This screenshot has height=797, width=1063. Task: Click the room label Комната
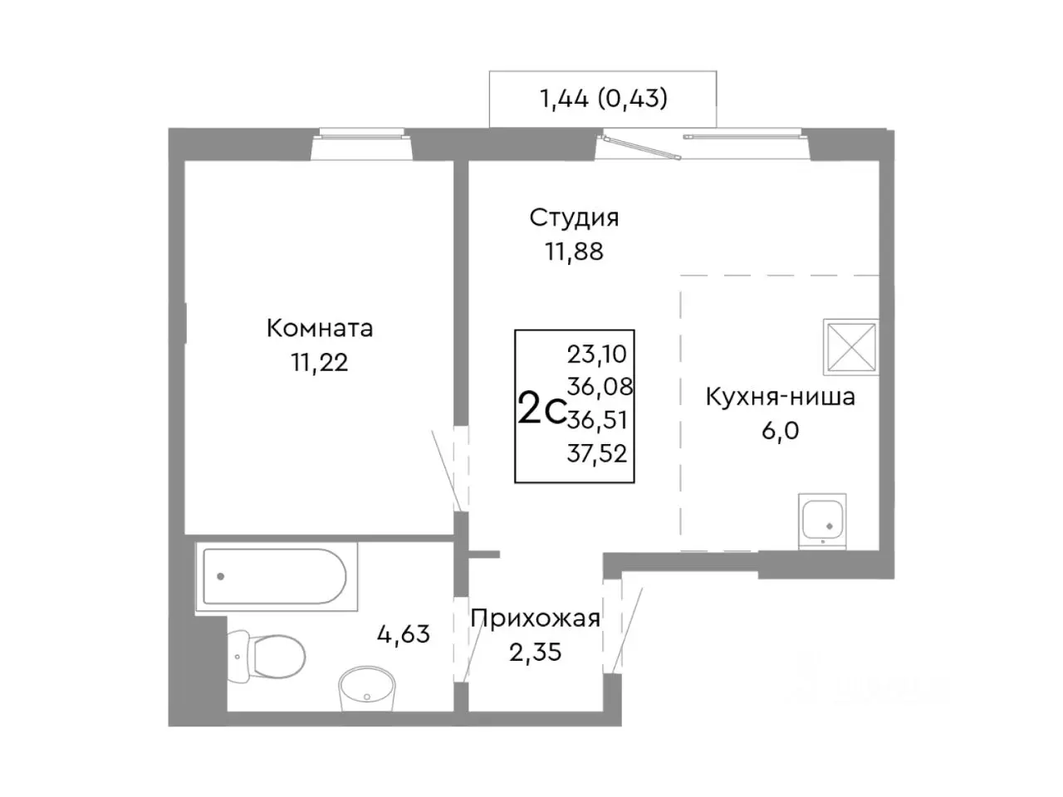tap(319, 328)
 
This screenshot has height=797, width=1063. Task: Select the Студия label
tap(574, 218)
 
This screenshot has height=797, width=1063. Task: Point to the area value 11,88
tap(574, 251)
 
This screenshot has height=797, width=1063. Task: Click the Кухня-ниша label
tap(780, 397)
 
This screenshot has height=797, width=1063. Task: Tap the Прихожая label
tap(536, 619)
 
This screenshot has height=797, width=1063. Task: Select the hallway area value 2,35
tap(536, 653)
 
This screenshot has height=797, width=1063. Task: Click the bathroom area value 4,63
tap(404, 634)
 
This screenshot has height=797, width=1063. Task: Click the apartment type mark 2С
tap(541, 409)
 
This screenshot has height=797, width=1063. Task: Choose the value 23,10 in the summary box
tap(597, 354)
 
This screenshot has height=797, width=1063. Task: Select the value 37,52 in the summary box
tap(597, 453)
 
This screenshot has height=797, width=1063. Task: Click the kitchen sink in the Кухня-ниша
tap(821, 521)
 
